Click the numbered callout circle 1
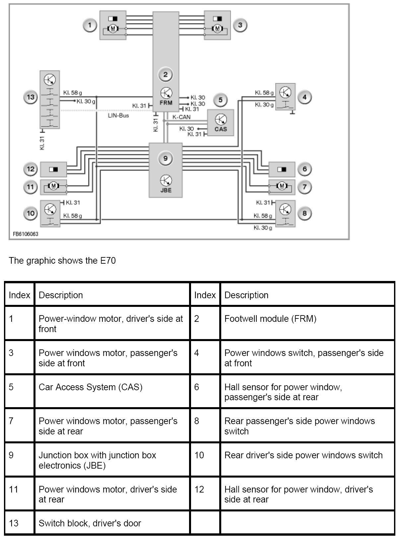(90, 25)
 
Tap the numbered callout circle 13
(31, 97)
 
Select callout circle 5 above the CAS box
(221, 100)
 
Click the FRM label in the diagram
(166, 103)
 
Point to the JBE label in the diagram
(166, 190)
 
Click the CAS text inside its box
(221, 129)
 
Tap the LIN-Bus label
(118, 116)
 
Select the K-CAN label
(181, 117)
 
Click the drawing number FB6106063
(26, 234)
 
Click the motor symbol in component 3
(217, 29)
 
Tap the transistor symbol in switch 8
(285, 209)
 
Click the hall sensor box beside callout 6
(282, 169)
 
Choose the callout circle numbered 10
(31, 213)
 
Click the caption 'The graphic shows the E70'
(62, 260)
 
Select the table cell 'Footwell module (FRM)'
(270, 319)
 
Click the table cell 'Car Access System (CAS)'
(91, 387)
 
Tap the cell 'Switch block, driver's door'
(90, 523)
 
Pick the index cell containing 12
(199, 489)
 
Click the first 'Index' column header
(20, 295)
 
